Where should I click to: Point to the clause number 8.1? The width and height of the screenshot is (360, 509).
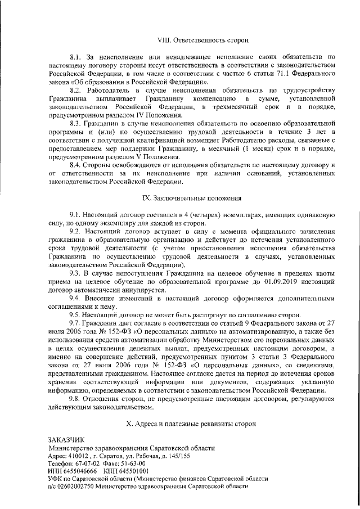coord(75,57)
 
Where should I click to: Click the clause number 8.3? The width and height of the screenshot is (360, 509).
coord(76,123)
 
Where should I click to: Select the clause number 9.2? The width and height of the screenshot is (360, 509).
coord(75,231)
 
